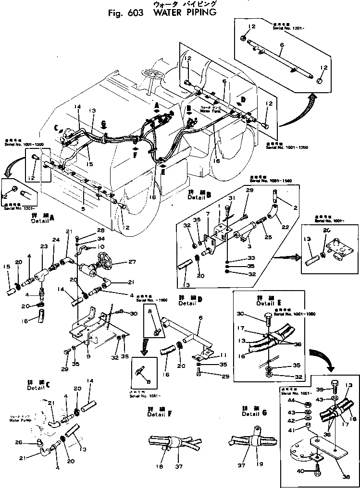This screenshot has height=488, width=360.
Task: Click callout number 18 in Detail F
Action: click(160, 466)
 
